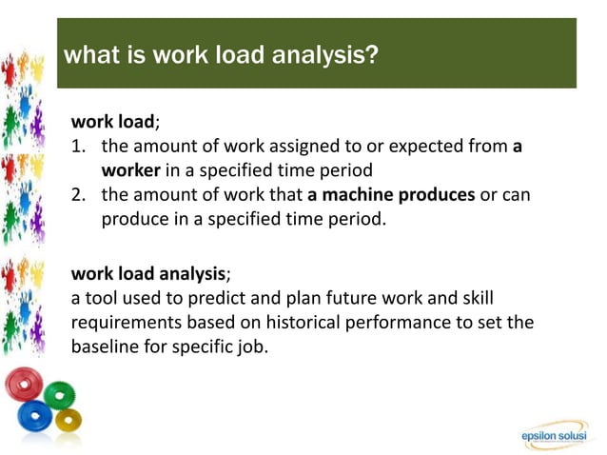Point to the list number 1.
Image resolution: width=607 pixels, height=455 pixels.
point(78,147)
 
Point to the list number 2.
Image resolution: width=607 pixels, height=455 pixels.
point(79,194)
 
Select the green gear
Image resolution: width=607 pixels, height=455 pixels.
point(60,393)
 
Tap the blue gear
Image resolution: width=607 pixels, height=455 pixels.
point(35,416)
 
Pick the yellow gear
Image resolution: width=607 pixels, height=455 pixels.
point(69,420)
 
